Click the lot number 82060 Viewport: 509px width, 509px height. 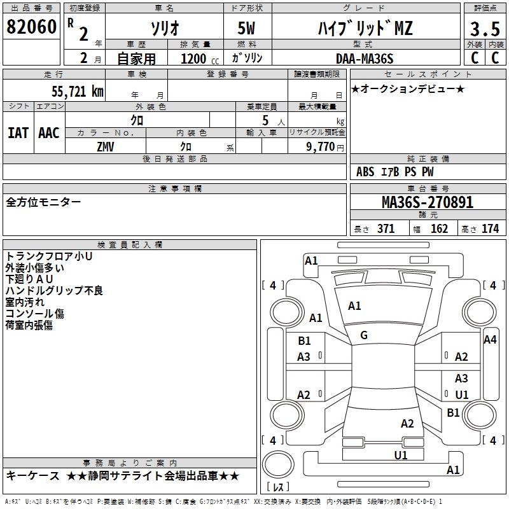pyautogui.click(x=31, y=27)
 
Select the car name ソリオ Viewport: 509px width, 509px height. pyautogui.click(x=164, y=28)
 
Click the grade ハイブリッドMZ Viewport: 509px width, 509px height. pyautogui.click(x=365, y=28)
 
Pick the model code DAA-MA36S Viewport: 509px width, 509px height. pyautogui.click(x=365, y=59)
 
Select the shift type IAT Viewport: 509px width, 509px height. pyautogui.click(x=18, y=133)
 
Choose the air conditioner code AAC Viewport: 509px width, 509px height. pyautogui.click(x=49, y=133)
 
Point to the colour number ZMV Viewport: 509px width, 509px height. pyautogui.click(x=106, y=146)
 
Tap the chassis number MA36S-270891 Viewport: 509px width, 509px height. pyautogui.click(x=427, y=202)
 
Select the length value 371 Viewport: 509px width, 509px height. pyautogui.click(x=386, y=229)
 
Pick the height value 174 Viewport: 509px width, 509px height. pyautogui.click(x=490, y=229)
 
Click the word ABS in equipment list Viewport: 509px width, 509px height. pyautogui.click(x=365, y=172)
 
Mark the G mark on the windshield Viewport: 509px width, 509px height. pyautogui.click(x=364, y=335)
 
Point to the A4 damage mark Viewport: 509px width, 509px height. pyautogui.click(x=490, y=340)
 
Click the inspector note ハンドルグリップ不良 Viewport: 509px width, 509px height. pyautogui.click(x=54, y=291)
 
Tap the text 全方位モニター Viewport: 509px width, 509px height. pyautogui.click(x=43, y=202)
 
